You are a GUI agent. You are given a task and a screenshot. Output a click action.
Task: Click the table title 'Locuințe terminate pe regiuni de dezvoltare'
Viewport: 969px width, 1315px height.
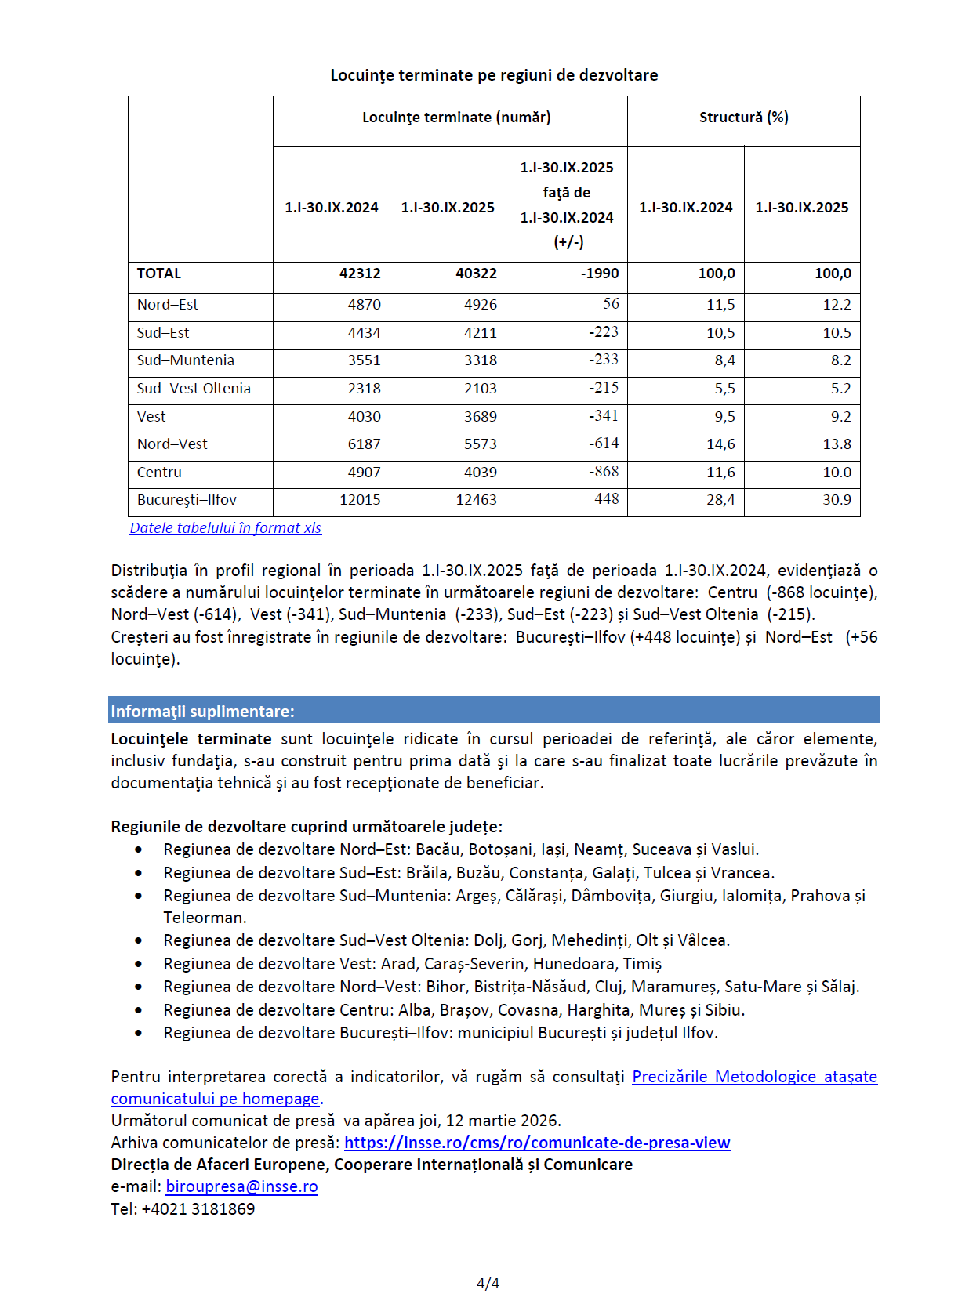click(494, 75)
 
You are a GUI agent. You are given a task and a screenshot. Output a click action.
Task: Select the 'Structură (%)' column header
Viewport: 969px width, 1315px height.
click(743, 118)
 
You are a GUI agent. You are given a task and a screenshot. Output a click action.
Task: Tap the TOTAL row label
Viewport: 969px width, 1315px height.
click(159, 274)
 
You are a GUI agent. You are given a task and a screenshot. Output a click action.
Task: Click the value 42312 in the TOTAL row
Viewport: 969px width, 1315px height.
click(360, 274)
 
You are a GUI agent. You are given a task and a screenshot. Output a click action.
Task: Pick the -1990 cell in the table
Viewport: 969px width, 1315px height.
click(600, 274)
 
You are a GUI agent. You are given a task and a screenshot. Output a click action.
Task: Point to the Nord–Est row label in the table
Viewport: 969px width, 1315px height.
click(168, 305)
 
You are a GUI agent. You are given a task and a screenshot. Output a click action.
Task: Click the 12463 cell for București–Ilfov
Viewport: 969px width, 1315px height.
click(476, 500)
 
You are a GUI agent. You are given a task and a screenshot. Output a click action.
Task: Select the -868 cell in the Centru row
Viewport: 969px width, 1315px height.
click(604, 472)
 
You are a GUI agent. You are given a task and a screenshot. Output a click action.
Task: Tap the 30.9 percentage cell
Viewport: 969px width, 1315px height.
click(837, 500)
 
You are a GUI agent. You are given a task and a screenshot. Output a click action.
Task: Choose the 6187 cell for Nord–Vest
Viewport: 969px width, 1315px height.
click(365, 444)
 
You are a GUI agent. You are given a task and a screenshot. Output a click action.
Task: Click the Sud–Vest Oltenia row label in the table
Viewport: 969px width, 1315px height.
click(194, 389)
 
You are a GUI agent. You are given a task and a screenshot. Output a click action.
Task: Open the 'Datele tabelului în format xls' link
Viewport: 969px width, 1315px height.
click(226, 528)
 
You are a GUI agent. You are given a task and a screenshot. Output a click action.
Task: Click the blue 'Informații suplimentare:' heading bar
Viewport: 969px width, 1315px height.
click(494, 711)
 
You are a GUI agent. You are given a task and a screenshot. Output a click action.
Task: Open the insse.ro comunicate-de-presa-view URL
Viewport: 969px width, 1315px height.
click(537, 1143)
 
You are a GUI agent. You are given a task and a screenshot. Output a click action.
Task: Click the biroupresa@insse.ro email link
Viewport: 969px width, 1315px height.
click(241, 1186)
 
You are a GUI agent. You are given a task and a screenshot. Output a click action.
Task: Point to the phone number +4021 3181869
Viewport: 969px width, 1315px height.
click(198, 1208)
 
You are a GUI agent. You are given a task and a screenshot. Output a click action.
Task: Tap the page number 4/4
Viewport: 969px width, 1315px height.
click(488, 1283)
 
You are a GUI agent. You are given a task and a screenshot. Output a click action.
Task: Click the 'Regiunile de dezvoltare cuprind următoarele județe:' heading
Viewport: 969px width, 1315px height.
click(307, 827)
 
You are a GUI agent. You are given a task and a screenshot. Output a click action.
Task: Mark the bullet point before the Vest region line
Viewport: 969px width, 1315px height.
click(139, 964)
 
